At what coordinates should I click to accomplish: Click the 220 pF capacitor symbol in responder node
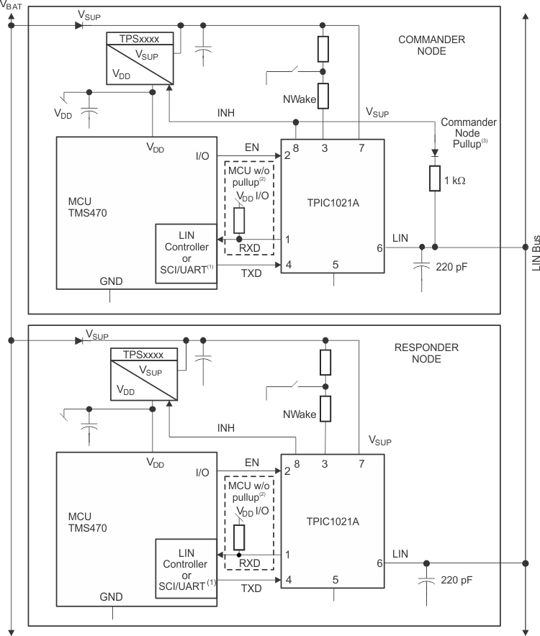427,581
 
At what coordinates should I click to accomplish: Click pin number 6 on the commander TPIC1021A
379,247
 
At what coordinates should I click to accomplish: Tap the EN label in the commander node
251,146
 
